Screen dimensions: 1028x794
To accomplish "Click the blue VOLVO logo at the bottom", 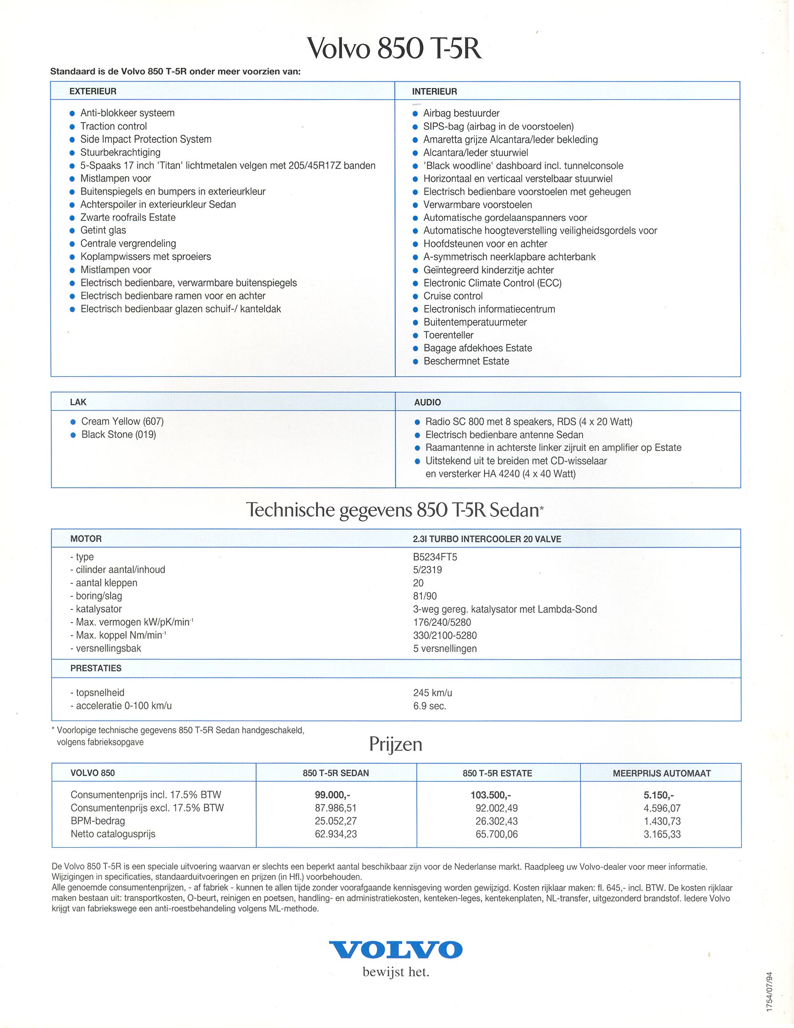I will tap(396, 949).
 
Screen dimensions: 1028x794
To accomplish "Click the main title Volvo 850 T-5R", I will tap(395, 48).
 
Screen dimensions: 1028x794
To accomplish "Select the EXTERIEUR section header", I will tap(93, 91).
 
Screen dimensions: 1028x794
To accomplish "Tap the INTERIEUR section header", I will tap(434, 91).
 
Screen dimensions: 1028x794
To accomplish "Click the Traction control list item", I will tap(113, 126).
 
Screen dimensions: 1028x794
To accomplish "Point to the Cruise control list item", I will tap(453, 296).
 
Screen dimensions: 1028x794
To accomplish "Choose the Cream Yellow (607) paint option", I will tap(122, 421).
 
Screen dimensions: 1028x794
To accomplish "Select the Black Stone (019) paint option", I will tap(119, 435).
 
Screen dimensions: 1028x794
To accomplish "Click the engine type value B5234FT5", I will tap(435, 557).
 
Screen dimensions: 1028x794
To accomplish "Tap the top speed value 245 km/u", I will tap(432, 693).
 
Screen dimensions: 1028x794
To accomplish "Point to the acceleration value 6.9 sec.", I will tap(429, 706).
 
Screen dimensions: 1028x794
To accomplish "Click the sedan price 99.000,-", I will tap(332, 795).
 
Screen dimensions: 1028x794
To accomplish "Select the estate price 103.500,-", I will tap(491, 795).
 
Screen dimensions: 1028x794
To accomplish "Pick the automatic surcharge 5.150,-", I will tap(658, 795).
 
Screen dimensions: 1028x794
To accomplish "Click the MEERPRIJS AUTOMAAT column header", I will tap(662, 773).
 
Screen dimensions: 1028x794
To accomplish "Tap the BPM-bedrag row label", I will tap(98, 821).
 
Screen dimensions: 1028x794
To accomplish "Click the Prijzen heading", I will tap(396, 744).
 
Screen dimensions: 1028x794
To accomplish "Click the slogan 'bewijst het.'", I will tap(396, 972).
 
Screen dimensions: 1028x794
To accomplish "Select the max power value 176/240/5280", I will tap(442, 622).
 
